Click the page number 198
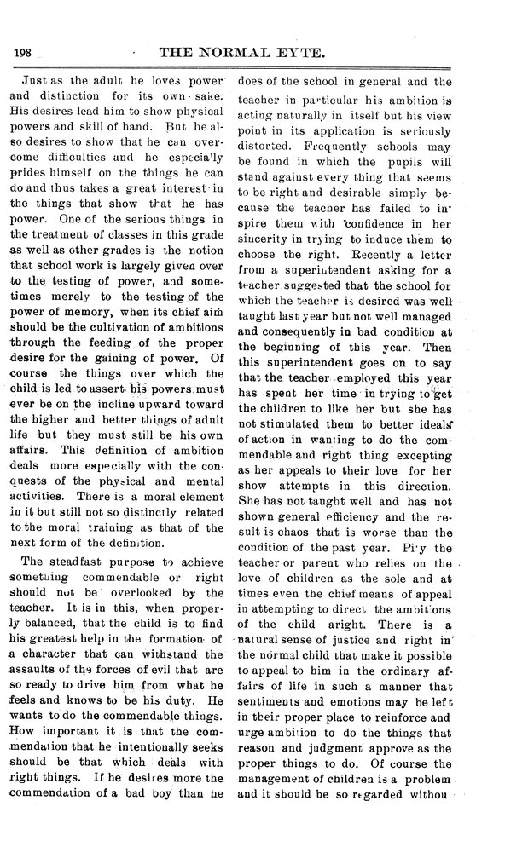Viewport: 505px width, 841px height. pos(22,53)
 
